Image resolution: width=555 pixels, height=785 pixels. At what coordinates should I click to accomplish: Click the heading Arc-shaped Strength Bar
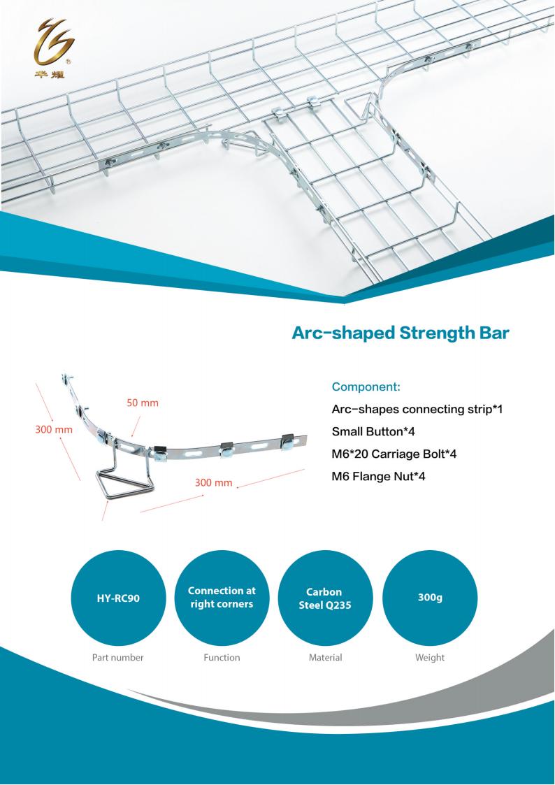(401, 333)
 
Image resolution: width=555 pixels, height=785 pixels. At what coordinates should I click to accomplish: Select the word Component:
(366, 387)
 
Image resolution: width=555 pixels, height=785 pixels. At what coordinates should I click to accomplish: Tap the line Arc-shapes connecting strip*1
(417, 410)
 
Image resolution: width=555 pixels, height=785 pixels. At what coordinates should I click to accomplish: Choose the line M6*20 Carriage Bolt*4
(394, 454)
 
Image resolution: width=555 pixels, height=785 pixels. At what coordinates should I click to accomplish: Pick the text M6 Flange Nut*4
(378, 476)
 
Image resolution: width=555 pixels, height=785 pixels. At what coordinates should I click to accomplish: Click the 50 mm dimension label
(142, 403)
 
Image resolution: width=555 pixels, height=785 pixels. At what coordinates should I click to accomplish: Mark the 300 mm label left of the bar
(54, 429)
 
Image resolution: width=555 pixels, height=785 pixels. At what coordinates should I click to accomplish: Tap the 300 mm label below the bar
(214, 482)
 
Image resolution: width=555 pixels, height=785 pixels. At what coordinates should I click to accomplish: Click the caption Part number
(117, 657)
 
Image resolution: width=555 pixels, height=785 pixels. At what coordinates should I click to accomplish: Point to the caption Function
(222, 657)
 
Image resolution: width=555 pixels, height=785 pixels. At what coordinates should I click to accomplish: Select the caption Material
(325, 657)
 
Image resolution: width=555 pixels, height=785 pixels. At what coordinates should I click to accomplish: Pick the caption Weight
(430, 658)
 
